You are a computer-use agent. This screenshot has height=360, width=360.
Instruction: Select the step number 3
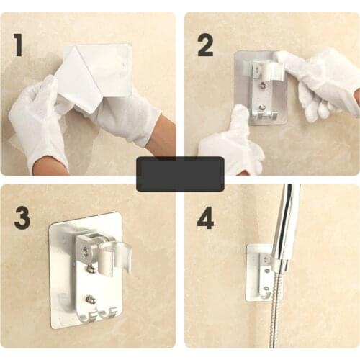(22, 217)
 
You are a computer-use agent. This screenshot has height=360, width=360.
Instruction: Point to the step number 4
(206, 217)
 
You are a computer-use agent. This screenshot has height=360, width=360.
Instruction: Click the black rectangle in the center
(180, 174)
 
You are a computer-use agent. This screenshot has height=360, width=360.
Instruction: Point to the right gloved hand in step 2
(317, 79)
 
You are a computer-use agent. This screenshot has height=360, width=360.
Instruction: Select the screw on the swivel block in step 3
(86, 251)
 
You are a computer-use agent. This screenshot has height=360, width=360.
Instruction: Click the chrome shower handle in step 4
(287, 223)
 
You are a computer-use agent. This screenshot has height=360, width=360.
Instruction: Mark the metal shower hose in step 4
(276, 317)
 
